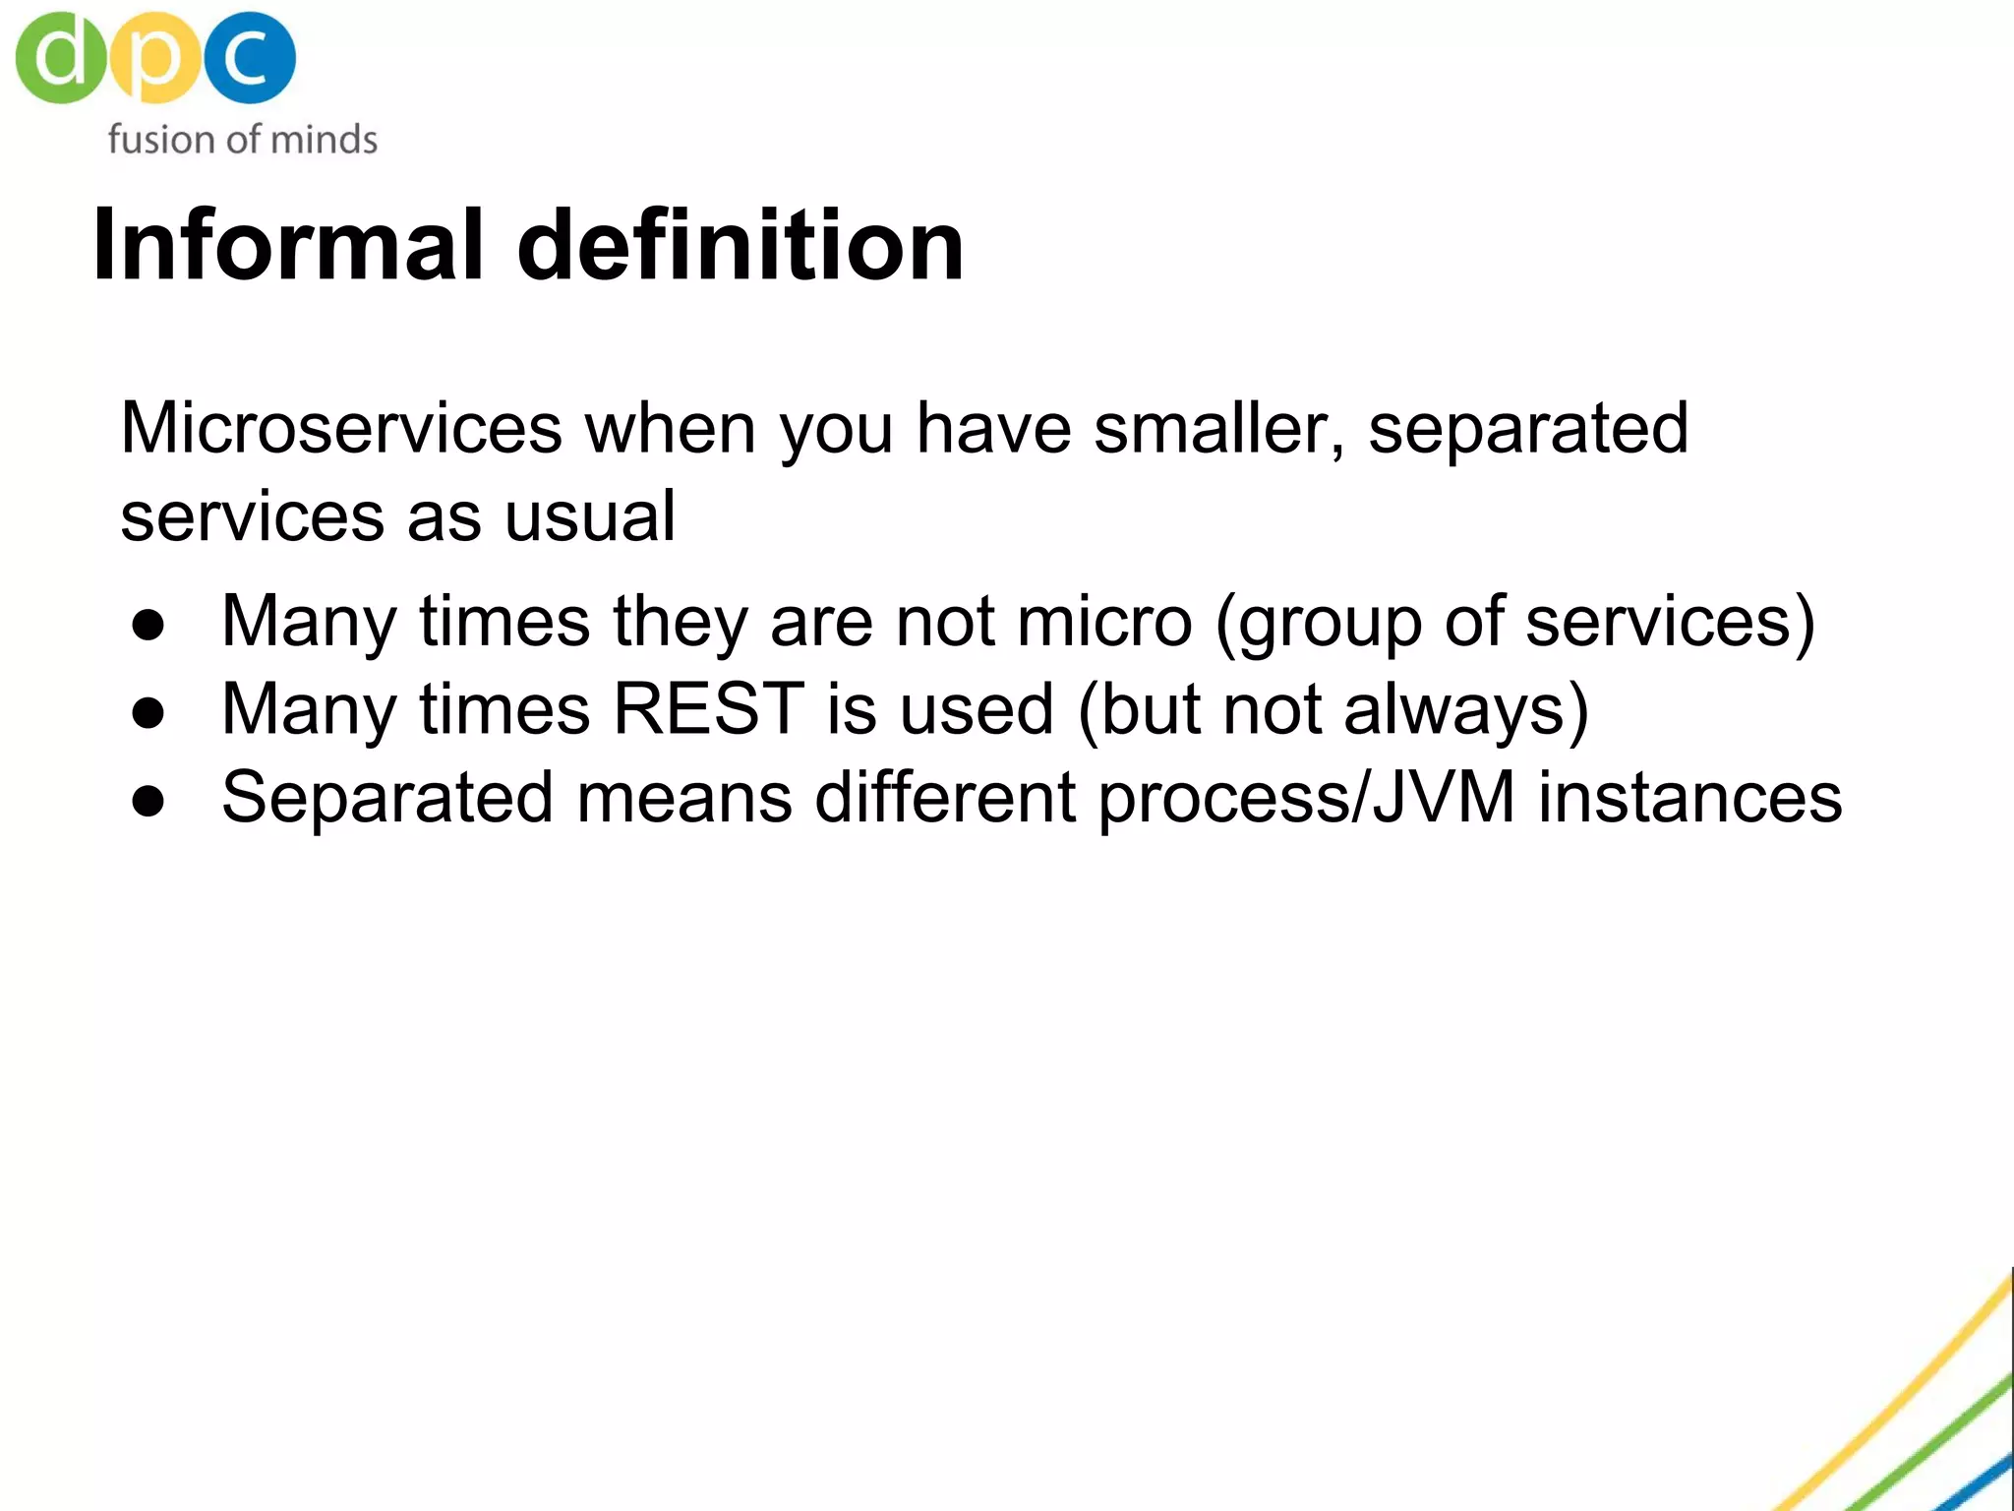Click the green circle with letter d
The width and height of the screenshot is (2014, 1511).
(x=59, y=57)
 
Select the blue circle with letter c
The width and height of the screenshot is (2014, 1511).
(x=250, y=57)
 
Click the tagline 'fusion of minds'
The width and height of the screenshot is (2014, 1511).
(x=242, y=140)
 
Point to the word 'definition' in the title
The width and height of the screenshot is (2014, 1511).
(x=740, y=245)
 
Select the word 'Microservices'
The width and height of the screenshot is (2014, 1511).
(x=341, y=429)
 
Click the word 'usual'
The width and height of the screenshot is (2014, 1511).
(x=589, y=516)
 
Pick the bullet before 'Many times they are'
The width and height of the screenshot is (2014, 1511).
(x=148, y=625)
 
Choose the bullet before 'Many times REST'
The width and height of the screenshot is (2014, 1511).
(x=148, y=712)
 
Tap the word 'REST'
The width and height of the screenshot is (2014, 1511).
(x=709, y=709)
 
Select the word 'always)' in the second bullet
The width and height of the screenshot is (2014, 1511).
(x=1466, y=710)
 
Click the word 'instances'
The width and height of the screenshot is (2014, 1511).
(x=1689, y=798)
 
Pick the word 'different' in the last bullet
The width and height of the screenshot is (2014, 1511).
(x=945, y=798)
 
